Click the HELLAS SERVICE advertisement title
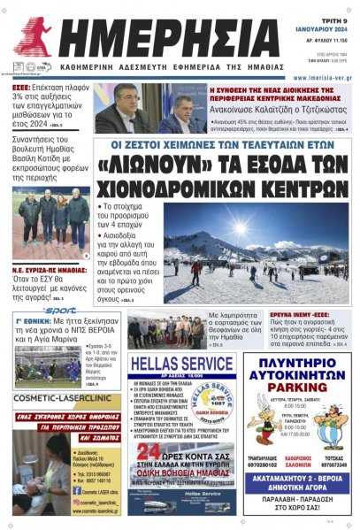click(180, 364)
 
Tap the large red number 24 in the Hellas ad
click(144, 454)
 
